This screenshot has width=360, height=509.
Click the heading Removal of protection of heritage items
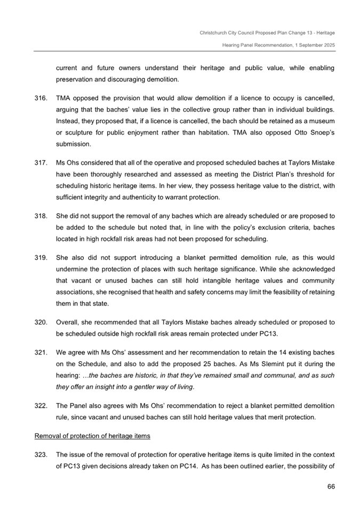pyautogui.click(x=92, y=436)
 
